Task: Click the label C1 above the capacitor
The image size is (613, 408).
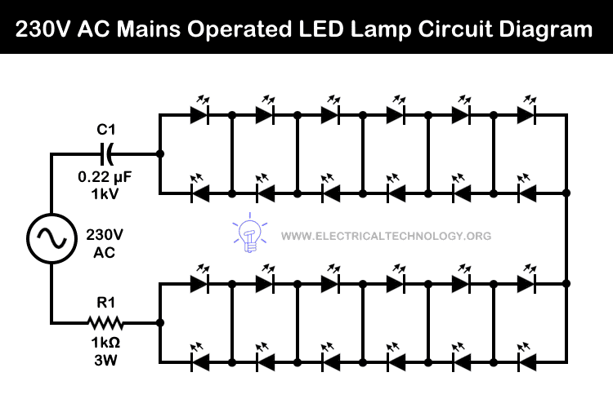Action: (106, 131)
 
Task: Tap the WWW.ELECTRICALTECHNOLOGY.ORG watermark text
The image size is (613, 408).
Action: (386, 236)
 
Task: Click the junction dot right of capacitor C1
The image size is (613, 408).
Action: (159, 153)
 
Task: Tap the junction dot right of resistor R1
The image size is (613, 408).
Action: (159, 323)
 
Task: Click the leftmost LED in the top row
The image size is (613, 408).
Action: (198, 115)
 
